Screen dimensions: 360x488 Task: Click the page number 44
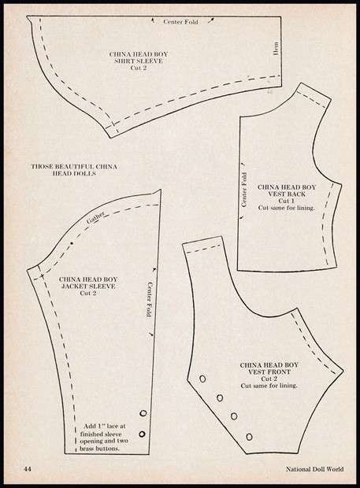point(28,468)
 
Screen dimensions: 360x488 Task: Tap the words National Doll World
point(315,469)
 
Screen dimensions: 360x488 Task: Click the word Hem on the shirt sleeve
point(276,49)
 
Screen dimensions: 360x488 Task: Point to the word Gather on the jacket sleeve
point(95,217)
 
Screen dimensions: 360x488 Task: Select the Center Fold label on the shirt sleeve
point(180,22)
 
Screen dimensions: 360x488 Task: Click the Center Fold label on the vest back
point(244,190)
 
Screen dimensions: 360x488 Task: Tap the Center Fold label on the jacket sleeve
point(150,299)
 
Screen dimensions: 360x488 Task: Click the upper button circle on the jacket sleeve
point(143,413)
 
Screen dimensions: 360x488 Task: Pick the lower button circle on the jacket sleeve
point(143,434)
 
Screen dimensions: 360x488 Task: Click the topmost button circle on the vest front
point(202,379)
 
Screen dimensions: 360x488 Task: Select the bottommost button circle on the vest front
point(249,437)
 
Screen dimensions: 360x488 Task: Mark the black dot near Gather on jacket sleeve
point(72,243)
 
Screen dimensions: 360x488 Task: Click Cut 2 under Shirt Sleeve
point(139,68)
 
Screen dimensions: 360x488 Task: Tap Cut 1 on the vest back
point(287,201)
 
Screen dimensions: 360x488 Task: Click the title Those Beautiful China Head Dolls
point(74,170)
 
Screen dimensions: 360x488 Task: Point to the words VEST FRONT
point(269,372)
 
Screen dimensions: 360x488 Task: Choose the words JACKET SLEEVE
point(88,287)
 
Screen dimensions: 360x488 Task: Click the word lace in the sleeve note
point(113,426)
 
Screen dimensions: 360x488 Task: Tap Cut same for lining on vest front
point(269,386)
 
